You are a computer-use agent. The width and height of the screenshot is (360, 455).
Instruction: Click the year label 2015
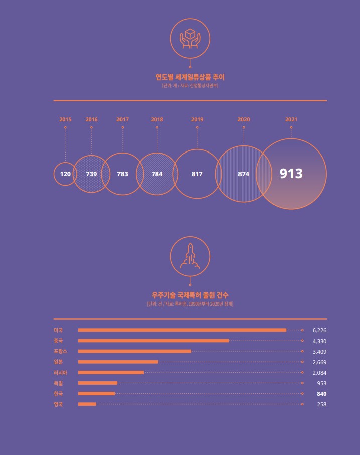pos(65,120)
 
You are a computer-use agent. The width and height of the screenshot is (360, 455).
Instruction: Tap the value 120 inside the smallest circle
pos(65,174)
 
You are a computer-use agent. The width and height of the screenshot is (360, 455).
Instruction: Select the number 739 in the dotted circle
pos(91,174)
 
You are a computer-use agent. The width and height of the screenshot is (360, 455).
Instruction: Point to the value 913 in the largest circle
pos(291,174)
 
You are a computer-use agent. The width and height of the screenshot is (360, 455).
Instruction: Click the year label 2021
pos(291,120)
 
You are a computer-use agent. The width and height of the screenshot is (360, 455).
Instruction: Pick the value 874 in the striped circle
pos(244,174)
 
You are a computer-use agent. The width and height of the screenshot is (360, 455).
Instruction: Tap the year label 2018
pos(157,120)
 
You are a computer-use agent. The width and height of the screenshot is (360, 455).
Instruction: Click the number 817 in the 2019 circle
pos(197,174)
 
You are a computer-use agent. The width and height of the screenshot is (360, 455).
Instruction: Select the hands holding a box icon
pos(190,39)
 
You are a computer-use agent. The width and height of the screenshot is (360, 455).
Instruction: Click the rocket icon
pos(190,256)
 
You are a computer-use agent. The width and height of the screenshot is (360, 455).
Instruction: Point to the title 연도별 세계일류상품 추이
pos(190,77)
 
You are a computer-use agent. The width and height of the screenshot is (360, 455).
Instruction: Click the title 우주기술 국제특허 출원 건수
pos(190,295)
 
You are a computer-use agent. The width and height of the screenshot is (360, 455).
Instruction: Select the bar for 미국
pos(182,330)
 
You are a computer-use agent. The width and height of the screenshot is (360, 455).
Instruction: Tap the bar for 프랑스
pos(135,351)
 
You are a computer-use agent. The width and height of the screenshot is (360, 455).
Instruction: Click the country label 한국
pos(58,394)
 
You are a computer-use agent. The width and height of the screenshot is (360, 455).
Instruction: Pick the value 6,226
pos(319,330)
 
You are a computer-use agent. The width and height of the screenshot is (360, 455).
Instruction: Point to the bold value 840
pos(321,394)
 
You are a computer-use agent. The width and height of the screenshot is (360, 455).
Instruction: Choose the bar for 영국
pos(87,404)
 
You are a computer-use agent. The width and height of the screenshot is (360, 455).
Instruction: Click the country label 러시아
pos(60,373)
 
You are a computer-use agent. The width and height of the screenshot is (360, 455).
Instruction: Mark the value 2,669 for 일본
pos(319,362)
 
